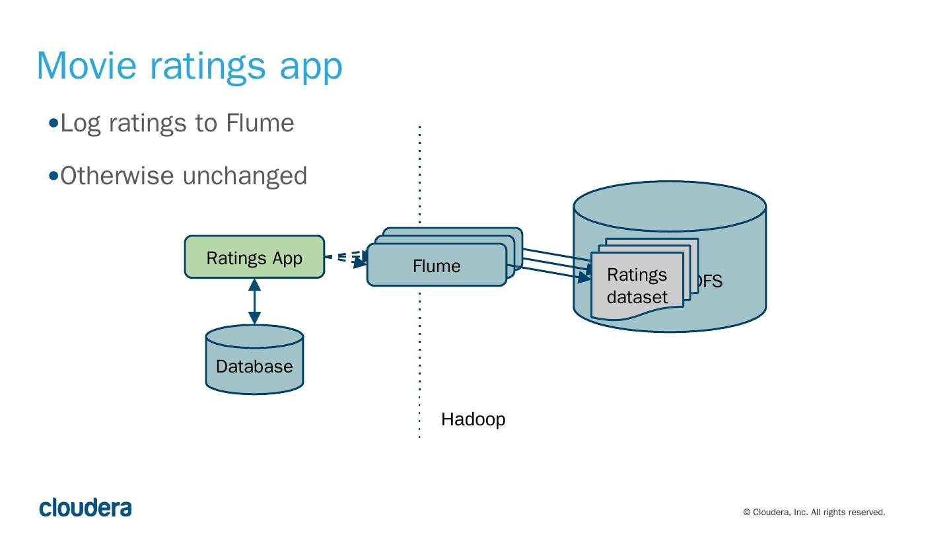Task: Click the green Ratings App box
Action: pos(254,257)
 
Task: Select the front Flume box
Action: pos(437,266)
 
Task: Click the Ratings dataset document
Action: pos(637,286)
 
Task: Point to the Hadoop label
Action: pos(473,419)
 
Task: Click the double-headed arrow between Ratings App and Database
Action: pos(254,301)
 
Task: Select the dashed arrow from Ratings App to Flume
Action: pos(345,258)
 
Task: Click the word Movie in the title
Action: pos(87,65)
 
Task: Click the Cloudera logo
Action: pos(85,507)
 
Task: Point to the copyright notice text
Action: pos(814,512)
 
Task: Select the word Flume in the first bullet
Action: pos(260,123)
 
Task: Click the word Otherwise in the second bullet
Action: pos(118,176)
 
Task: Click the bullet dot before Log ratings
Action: pos(54,123)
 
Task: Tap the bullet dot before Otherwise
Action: pos(54,176)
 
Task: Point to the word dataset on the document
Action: pos(637,297)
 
